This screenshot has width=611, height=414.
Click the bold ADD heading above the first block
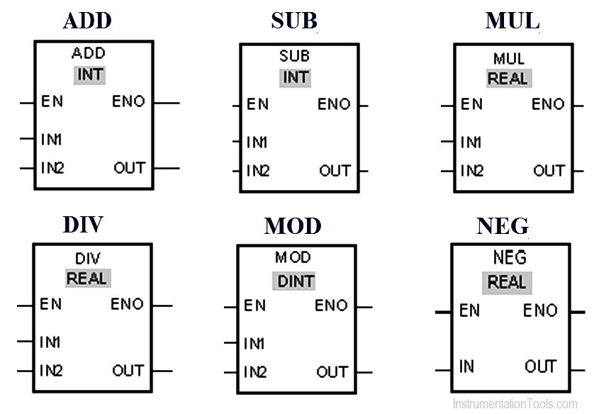(x=87, y=21)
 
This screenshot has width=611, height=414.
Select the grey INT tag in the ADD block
(x=89, y=74)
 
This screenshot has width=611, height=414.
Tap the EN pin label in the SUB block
(x=257, y=105)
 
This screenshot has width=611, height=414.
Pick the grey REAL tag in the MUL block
(x=508, y=79)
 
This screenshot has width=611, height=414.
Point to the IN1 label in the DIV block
(x=50, y=342)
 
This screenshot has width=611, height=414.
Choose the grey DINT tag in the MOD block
(x=296, y=281)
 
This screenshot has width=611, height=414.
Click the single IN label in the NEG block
(x=466, y=367)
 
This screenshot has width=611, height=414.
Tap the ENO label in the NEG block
(x=540, y=310)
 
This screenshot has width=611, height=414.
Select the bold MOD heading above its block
(x=293, y=226)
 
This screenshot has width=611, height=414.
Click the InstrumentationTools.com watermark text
(x=515, y=404)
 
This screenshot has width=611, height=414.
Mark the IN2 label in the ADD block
(x=52, y=169)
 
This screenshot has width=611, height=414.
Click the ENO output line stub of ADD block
(x=166, y=103)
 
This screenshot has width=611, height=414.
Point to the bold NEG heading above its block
(x=502, y=226)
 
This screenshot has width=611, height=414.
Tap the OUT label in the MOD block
(x=332, y=372)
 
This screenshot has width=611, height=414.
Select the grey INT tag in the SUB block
(x=296, y=77)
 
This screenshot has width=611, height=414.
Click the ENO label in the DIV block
(x=127, y=305)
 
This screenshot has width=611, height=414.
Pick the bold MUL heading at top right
(x=512, y=21)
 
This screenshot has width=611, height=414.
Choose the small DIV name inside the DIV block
(x=89, y=258)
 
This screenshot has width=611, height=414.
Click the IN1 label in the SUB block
(x=257, y=142)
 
